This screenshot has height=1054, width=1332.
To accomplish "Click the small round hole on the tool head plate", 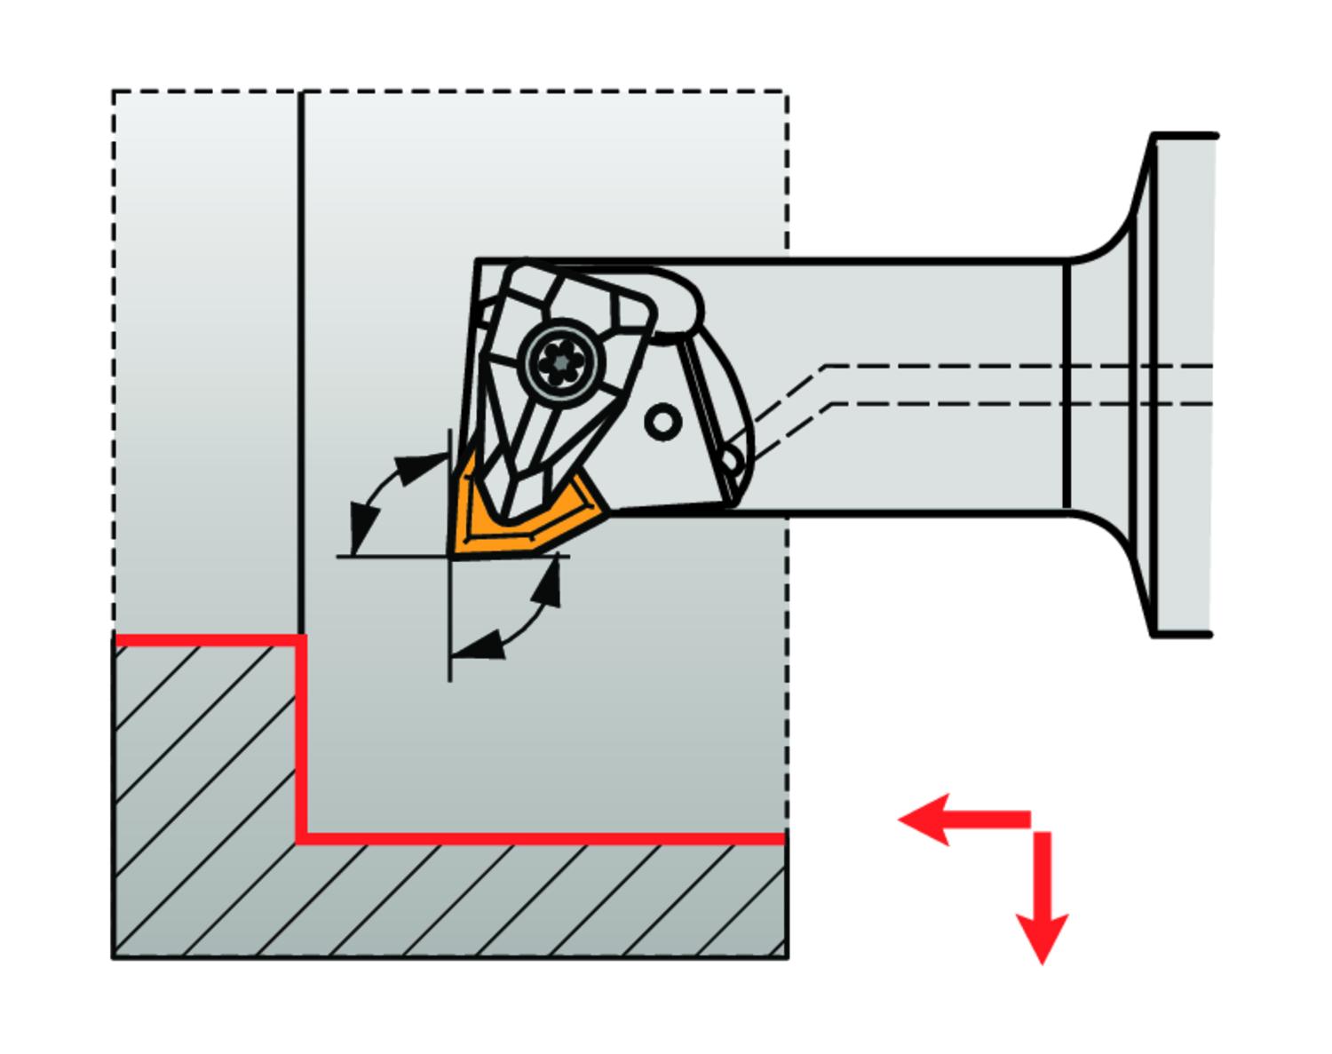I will point(662,423).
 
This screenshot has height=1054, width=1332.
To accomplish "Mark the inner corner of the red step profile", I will point(302,837).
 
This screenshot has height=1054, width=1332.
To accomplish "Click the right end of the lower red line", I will point(783,837).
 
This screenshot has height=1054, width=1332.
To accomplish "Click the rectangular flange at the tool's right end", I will point(1183,384).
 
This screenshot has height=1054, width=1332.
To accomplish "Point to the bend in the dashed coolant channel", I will point(826,385).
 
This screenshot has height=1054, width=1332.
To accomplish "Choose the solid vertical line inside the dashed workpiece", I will point(302,355).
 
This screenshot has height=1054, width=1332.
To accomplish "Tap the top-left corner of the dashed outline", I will point(114,91).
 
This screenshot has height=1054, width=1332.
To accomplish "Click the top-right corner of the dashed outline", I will point(786,91).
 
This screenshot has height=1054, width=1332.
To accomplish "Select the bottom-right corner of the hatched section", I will point(786,956).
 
